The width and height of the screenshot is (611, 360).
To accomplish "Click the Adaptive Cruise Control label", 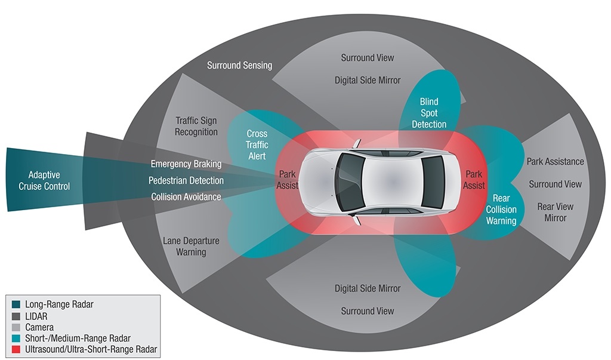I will pos(49,180).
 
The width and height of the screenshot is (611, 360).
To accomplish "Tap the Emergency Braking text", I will pos(186,164).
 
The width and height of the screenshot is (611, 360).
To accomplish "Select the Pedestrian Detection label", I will pos(186,180).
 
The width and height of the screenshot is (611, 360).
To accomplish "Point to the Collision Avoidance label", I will pos(186,197).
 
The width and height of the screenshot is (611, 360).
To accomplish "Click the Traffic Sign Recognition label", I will pos(196,126).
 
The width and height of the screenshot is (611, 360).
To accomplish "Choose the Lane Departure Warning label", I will pos(191,247).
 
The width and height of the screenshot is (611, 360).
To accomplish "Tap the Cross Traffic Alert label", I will pos(257,144).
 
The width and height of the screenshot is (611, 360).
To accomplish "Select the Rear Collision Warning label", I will pos(501,210).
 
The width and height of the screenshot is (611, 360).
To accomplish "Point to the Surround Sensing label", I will pos(239,65).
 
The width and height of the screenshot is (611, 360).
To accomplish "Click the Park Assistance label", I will pos(555,162).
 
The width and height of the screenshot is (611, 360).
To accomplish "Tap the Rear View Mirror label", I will pos(555,212).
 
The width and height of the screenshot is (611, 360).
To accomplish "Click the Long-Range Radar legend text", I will pos(59,304).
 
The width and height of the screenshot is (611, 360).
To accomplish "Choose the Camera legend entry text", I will pos(39,327).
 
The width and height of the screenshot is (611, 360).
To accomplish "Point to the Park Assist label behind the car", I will pos(474,180).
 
